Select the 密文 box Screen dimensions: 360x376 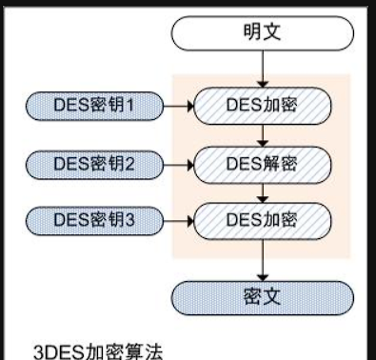point(261,292)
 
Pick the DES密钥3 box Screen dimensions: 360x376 point(94,220)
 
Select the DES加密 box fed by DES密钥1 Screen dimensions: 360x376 point(261,102)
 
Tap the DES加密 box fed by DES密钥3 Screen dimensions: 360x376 point(261,220)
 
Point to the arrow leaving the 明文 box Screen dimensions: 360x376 point(261,69)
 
